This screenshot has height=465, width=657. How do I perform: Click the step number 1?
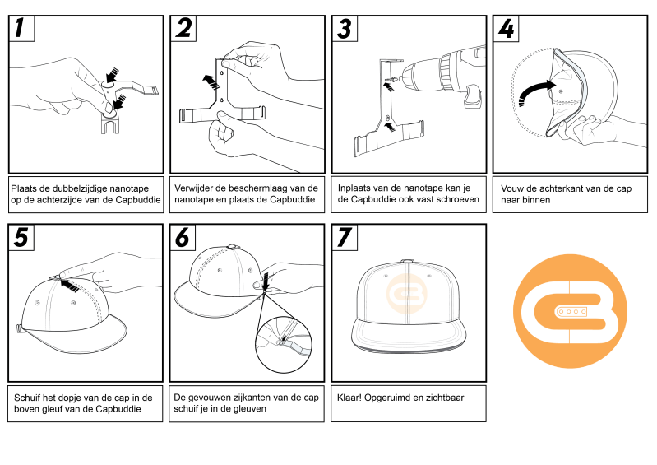(x=19, y=28)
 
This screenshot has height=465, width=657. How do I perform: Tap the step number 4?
(x=507, y=29)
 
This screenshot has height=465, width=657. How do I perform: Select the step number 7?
(x=345, y=237)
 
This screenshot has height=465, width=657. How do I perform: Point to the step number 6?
(x=183, y=237)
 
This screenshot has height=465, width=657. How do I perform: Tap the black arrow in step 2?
(x=211, y=81)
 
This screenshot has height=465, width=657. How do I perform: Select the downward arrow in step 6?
(x=266, y=281)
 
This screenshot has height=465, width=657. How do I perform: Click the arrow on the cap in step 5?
(x=70, y=286)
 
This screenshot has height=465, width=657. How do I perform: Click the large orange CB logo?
(x=570, y=311)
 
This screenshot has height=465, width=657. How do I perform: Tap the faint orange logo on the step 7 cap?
(x=406, y=294)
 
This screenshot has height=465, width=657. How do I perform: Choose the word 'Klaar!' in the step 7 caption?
(x=349, y=398)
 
